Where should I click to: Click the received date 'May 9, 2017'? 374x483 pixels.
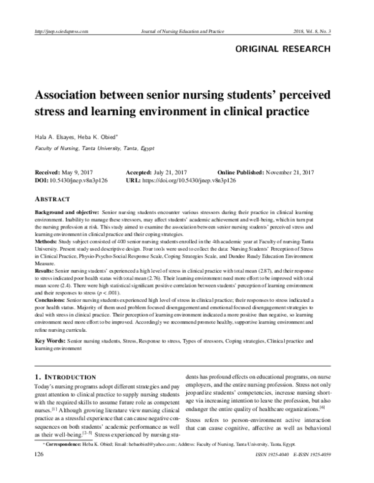tap(80, 171)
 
